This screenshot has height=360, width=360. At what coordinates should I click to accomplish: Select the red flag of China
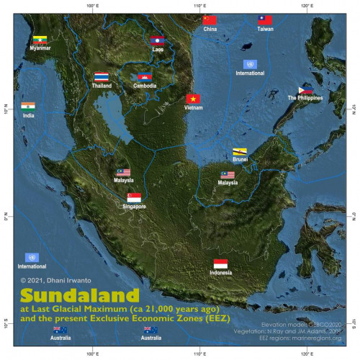210,20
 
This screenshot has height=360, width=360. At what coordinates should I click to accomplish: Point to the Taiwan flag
265,20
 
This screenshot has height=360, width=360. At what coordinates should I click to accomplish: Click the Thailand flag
102,76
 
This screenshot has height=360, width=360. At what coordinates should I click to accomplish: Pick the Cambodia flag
145,76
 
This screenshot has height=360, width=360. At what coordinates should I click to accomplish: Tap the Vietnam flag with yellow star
193,98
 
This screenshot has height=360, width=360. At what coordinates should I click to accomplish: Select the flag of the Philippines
305,89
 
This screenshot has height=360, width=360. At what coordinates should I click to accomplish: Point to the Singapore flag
134,197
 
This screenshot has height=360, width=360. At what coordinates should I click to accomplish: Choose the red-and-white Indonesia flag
221,264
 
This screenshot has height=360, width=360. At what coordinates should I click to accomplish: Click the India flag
28,106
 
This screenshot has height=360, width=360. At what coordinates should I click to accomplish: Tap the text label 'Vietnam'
193,108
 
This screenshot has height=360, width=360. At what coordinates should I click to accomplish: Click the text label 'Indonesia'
221,274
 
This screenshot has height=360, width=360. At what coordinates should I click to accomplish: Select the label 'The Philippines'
305,98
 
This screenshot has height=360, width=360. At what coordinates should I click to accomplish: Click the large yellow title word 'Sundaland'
79,296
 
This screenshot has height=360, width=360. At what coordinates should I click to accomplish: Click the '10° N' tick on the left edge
6,111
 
